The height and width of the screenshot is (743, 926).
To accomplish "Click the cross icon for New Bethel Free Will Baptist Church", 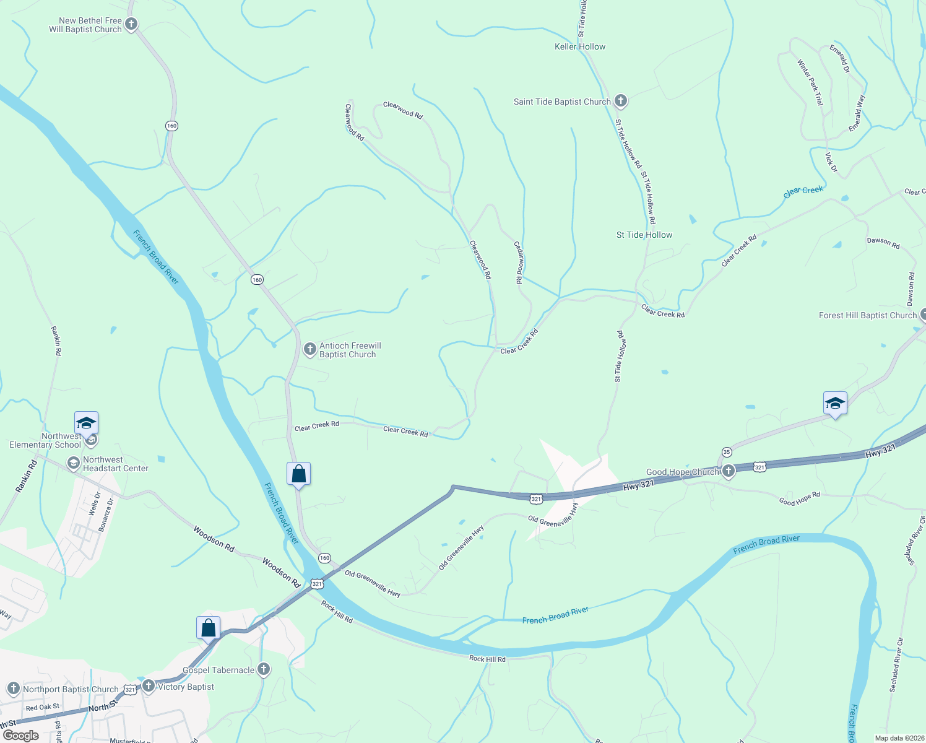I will [x=131, y=24].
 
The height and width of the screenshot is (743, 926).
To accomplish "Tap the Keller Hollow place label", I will [x=580, y=46].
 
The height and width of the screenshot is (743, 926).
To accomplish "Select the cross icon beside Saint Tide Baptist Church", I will [x=621, y=101].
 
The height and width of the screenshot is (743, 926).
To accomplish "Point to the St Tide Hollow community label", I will [x=644, y=235].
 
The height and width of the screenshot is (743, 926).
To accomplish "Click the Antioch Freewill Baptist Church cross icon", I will [x=309, y=349].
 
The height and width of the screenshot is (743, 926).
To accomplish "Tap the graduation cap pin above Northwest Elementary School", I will [x=86, y=424].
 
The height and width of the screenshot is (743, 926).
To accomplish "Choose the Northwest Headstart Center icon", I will [x=73, y=463].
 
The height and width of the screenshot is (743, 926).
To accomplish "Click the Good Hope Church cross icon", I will [x=729, y=471].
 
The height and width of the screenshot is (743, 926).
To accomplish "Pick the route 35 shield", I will [x=727, y=452].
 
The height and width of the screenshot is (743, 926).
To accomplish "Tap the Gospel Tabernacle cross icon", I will [x=264, y=669].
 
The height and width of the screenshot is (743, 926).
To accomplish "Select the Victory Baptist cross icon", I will [x=148, y=685].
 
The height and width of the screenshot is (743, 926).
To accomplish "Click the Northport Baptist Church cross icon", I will [x=13, y=689].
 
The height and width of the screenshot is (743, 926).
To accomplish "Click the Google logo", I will [x=20, y=736].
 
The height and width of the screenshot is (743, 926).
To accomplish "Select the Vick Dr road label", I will [x=831, y=162].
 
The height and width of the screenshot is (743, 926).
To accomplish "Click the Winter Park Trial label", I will [x=810, y=82].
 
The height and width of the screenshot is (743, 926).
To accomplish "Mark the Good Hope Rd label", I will [x=799, y=498].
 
